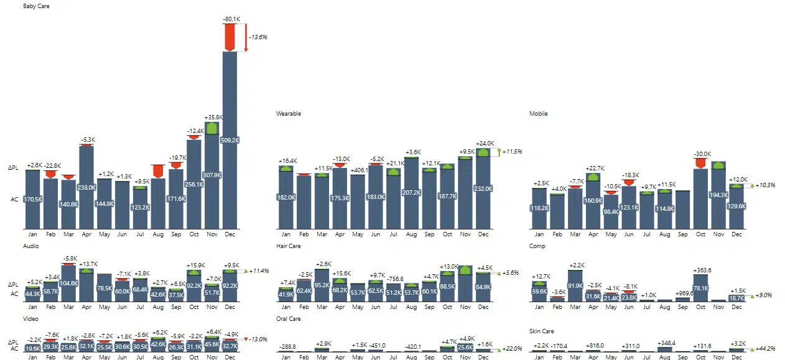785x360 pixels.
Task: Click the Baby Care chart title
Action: [x=36, y=6]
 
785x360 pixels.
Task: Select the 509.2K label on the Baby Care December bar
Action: [x=230, y=141]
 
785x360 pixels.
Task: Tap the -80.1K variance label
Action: [x=231, y=19]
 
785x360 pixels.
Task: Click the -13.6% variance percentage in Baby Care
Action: [x=258, y=37]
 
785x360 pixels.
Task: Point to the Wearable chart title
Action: [x=289, y=114]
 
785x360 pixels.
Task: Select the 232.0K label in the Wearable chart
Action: [x=483, y=188]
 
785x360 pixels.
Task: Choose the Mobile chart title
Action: [x=539, y=114]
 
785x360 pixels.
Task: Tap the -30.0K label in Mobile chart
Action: [x=700, y=154]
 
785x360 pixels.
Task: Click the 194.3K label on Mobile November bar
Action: [x=718, y=195]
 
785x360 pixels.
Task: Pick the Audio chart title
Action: [x=31, y=246]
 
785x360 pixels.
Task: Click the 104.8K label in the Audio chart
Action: [x=68, y=283]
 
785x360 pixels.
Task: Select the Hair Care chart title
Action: [x=289, y=246]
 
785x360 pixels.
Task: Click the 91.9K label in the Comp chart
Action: [x=575, y=286]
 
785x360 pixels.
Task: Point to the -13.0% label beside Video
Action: [x=258, y=339]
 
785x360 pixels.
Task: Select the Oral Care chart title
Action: [x=289, y=319]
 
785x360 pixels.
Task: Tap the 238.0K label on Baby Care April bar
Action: [x=86, y=187]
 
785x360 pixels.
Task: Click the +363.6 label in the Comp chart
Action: [x=700, y=270]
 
